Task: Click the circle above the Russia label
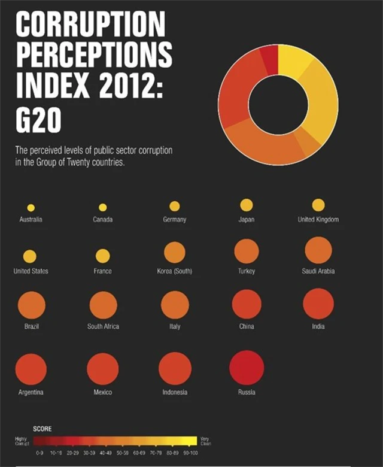(x=247, y=367)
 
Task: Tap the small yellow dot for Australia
(x=31, y=208)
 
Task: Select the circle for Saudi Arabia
(x=318, y=250)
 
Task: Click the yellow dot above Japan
(x=247, y=205)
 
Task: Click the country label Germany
(x=175, y=220)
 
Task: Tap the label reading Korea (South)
(x=175, y=271)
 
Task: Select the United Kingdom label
(x=318, y=220)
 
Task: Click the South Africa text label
(x=103, y=326)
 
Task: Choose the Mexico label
(x=103, y=392)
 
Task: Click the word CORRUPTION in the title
(x=90, y=25)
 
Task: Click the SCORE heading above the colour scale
(x=42, y=429)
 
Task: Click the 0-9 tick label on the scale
(x=41, y=453)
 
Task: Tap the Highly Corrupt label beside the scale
(x=22, y=442)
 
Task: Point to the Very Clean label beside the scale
(x=205, y=442)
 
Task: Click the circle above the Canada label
(x=103, y=207)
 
